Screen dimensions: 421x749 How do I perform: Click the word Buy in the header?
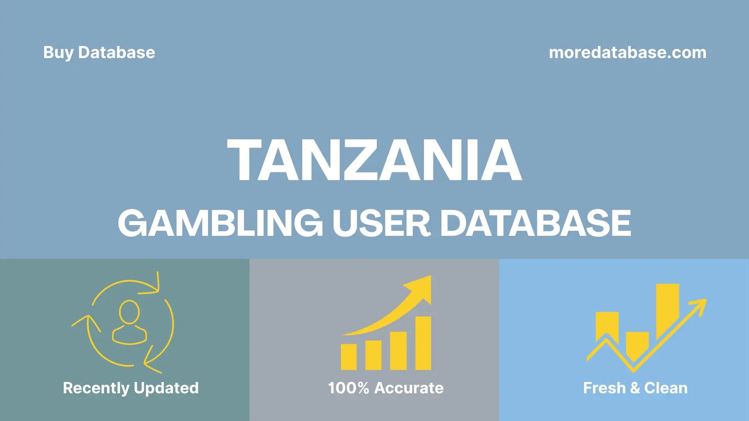58,53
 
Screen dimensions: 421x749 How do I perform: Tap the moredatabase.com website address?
627,53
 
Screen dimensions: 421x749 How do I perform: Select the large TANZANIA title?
374,160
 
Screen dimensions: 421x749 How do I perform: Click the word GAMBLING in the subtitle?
220,223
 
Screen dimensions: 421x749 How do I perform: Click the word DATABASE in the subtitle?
535,223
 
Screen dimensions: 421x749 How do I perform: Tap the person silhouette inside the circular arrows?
129,322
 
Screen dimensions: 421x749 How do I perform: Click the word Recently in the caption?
96,388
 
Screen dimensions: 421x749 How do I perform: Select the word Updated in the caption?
166,388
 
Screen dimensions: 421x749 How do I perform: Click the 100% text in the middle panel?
348,388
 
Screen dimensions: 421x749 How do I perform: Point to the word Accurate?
409,388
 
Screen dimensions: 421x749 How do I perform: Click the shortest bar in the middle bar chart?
348,357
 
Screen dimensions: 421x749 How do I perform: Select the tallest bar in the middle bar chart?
423,343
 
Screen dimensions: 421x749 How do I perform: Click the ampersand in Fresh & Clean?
635,388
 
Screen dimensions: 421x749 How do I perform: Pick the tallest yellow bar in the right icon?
667,310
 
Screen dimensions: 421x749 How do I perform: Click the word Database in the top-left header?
116,53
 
